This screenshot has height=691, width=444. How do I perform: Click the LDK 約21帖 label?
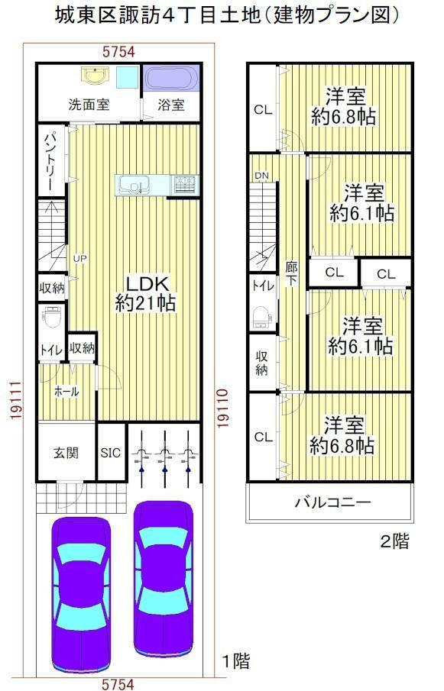click(145, 293)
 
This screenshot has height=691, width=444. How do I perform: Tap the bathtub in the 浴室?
click(171, 79)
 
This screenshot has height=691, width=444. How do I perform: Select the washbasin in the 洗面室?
click(94, 75)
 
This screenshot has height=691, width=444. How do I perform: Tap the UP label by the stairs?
click(79, 259)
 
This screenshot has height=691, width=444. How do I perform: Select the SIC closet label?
click(110, 453)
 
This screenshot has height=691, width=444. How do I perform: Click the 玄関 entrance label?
click(66, 453)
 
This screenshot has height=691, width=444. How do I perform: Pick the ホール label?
click(66, 392)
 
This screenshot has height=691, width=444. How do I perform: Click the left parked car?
click(81, 594)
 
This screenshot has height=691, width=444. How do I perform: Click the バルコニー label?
click(333, 502)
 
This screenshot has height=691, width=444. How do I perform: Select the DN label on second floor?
click(261, 176)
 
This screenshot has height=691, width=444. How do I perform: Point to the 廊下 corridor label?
click(291, 273)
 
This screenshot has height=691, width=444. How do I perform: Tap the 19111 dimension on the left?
click(15, 401)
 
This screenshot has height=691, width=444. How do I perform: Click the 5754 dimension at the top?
click(118, 52)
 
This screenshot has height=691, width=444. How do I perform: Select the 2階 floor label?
click(394, 541)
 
